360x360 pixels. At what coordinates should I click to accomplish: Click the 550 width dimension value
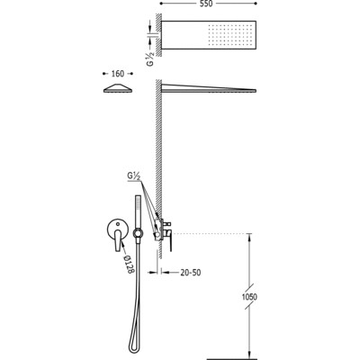click(x=205, y=4)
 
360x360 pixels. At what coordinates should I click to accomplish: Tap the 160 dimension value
click(x=117, y=74)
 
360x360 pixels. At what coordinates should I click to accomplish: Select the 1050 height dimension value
click(x=249, y=297)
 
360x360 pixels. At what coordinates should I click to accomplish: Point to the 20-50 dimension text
click(x=191, y=273)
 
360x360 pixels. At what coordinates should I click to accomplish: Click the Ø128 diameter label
click(x=129, y=264)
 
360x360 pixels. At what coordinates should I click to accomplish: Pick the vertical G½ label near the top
click(x=151, y=58)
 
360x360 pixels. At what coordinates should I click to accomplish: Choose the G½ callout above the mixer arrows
click(x=134, y=176)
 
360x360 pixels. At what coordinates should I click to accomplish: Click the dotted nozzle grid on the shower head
click(x=230, y=37)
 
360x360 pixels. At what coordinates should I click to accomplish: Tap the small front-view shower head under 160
click(x=118, y=89)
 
